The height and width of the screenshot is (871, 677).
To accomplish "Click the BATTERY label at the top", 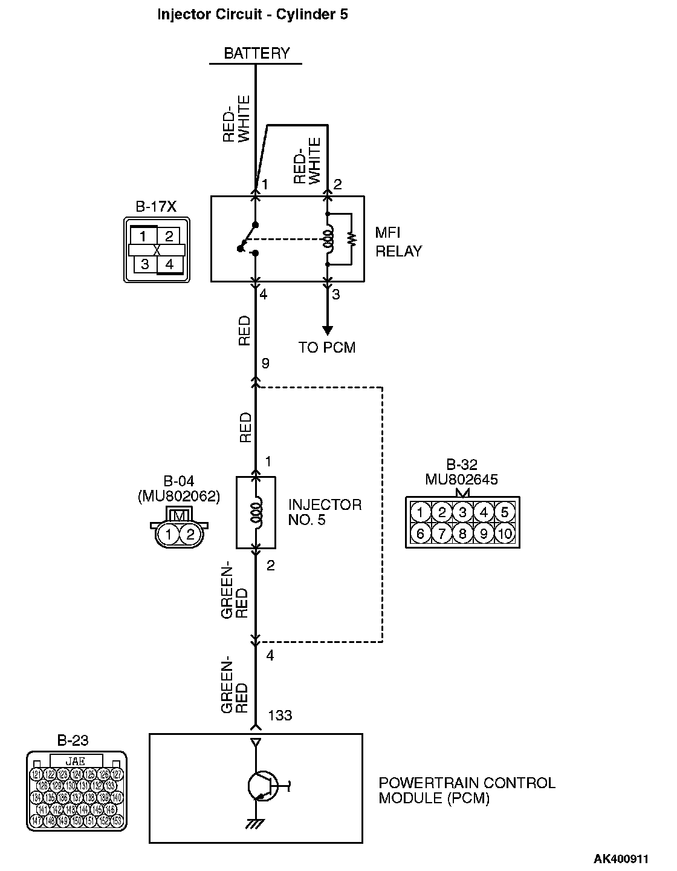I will click(256, 53).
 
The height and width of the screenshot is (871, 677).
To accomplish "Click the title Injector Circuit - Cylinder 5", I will click(252, 15).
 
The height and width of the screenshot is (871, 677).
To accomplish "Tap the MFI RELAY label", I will click(398, 242).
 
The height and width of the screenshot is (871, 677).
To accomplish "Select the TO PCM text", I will click(327, 347).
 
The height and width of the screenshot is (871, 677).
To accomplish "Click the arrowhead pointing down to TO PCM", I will click(327, 330).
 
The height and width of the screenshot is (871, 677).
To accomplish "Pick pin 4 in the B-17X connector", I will click(169, 264).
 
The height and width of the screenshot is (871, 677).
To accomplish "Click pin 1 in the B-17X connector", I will click(144, 236).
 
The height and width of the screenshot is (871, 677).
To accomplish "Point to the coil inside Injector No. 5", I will click(256, 512).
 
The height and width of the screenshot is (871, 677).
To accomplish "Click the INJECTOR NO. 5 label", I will click(325, 512).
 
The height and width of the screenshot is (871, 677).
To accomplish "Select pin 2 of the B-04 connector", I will click(190, 534).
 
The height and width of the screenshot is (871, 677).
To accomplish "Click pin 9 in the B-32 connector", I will click(483, 533).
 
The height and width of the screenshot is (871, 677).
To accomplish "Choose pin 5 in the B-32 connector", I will click(504, 513).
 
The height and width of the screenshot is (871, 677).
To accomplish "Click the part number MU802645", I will click(462, 480).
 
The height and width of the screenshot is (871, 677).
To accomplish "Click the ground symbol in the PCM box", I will click(256, 824).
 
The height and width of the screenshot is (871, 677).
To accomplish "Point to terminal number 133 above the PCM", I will click(279, 716).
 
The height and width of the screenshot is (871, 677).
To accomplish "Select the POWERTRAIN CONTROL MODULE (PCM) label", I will click(467, 791).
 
